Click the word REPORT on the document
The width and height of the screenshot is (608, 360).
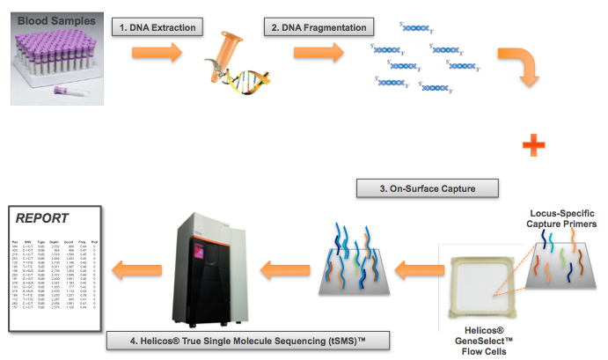[42, 217]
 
